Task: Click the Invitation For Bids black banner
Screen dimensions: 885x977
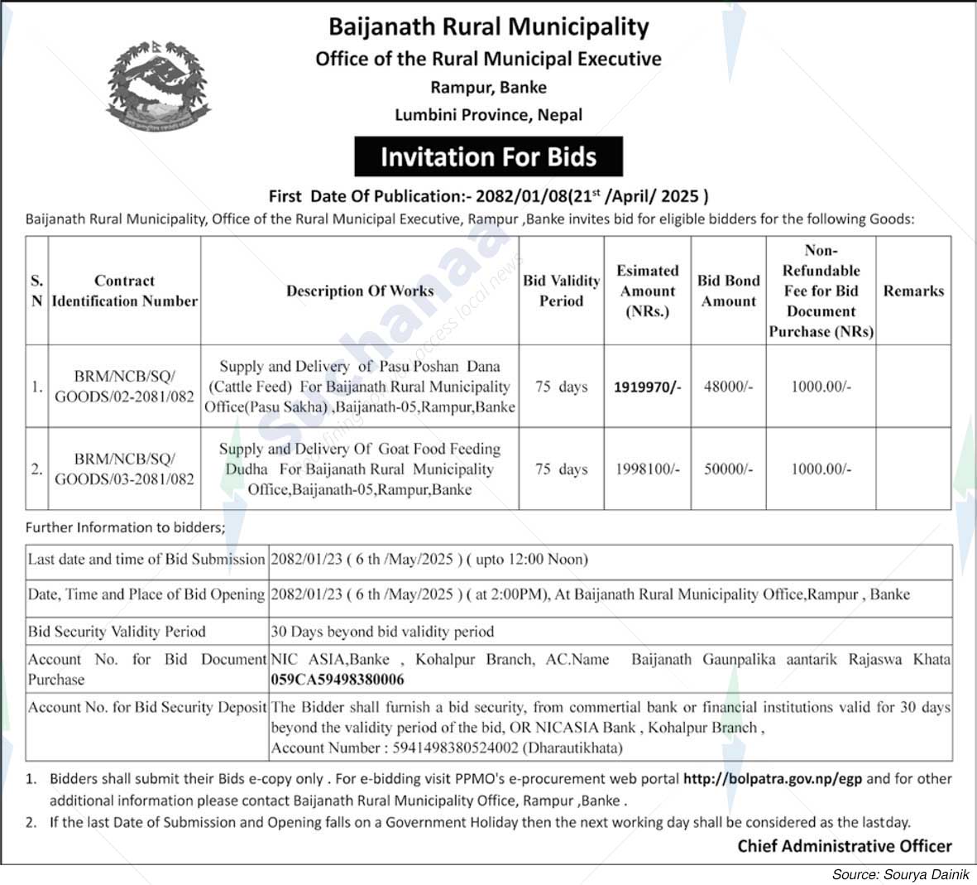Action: (x=488, y=156)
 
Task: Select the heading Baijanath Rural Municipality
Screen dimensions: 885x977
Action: (x=488, y=26)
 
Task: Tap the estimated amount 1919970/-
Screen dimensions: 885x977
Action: (x=647, y=387)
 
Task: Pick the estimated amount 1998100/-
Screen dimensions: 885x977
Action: (x=647, y=469)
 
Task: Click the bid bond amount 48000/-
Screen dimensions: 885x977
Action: (x=728, y=387)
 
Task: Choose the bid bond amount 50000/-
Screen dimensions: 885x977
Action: (x=728, y=469)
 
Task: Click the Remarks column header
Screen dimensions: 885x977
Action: (x=913, y=291)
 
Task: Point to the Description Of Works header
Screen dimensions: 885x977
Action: (x=360, y=291)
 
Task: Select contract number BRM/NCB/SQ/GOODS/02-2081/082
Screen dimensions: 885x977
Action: (x=124, y=387)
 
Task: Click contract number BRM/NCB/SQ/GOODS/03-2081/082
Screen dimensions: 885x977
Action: (x=124, y=469)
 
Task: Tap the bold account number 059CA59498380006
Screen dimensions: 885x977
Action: (x=338, y=680)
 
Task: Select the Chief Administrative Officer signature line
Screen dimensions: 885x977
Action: (x=845, y=846)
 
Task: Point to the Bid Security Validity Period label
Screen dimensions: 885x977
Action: (x=117, y=632)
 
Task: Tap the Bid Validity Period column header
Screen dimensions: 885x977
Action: (x=561, y=291)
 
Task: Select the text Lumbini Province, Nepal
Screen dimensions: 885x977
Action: (x=488, y=115)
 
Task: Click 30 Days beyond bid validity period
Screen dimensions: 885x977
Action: (x=382, y=632)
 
